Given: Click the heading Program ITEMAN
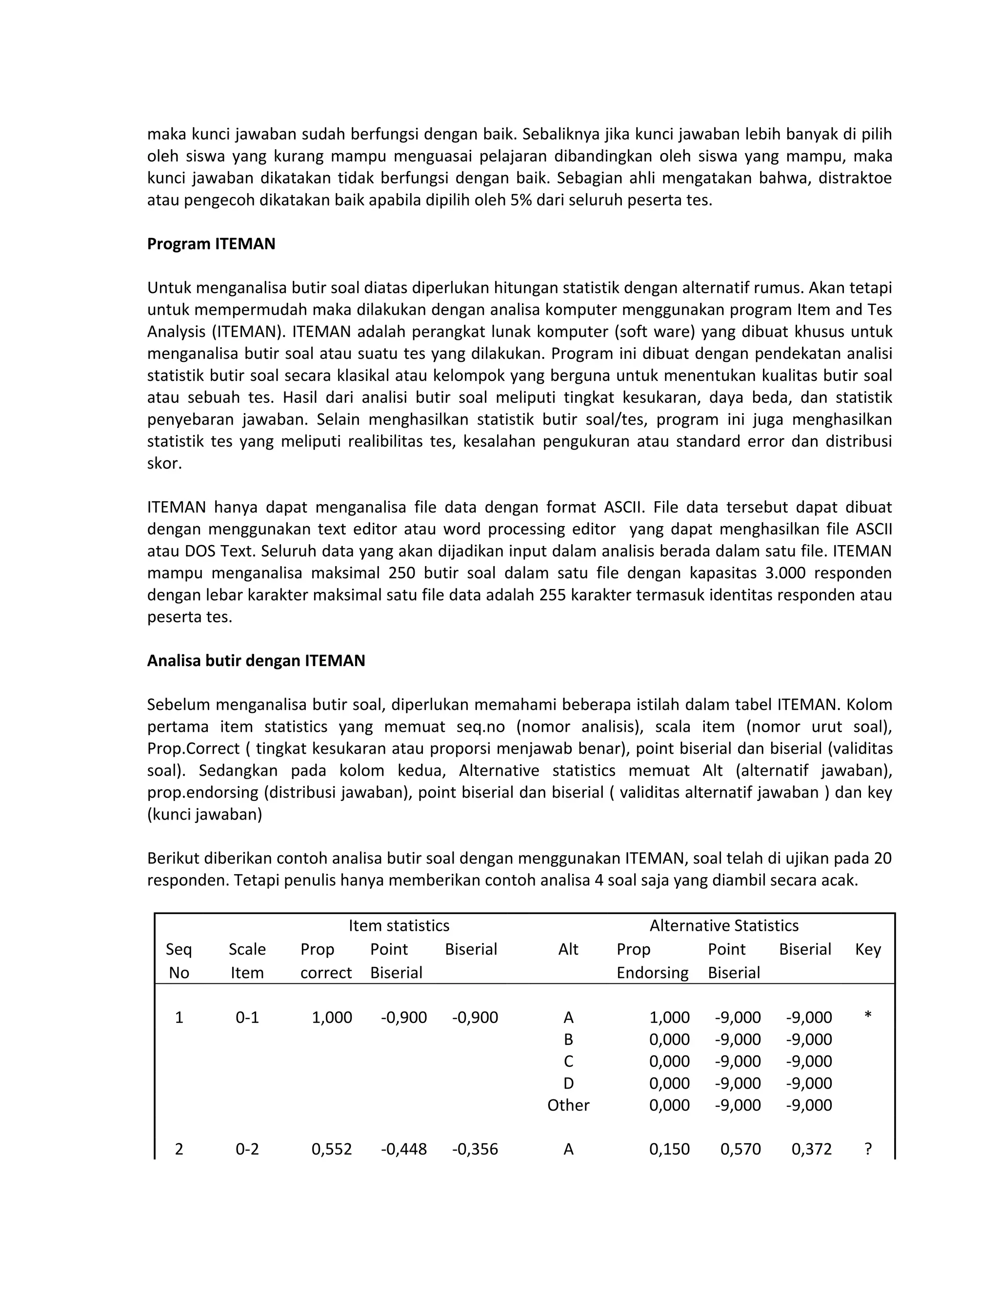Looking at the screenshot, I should (211, 244).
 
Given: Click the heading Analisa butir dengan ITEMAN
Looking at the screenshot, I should (256, 660).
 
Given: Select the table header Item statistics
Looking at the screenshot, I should (399, 925).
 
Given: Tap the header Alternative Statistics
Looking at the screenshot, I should (724, 925).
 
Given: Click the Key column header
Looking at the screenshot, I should (868, 949).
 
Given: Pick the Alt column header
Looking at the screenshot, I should (568, 949).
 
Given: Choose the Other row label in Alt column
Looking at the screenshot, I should (568, 1105).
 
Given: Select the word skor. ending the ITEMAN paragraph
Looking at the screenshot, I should (164, 463).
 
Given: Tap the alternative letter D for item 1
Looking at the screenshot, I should (568, 1083).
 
